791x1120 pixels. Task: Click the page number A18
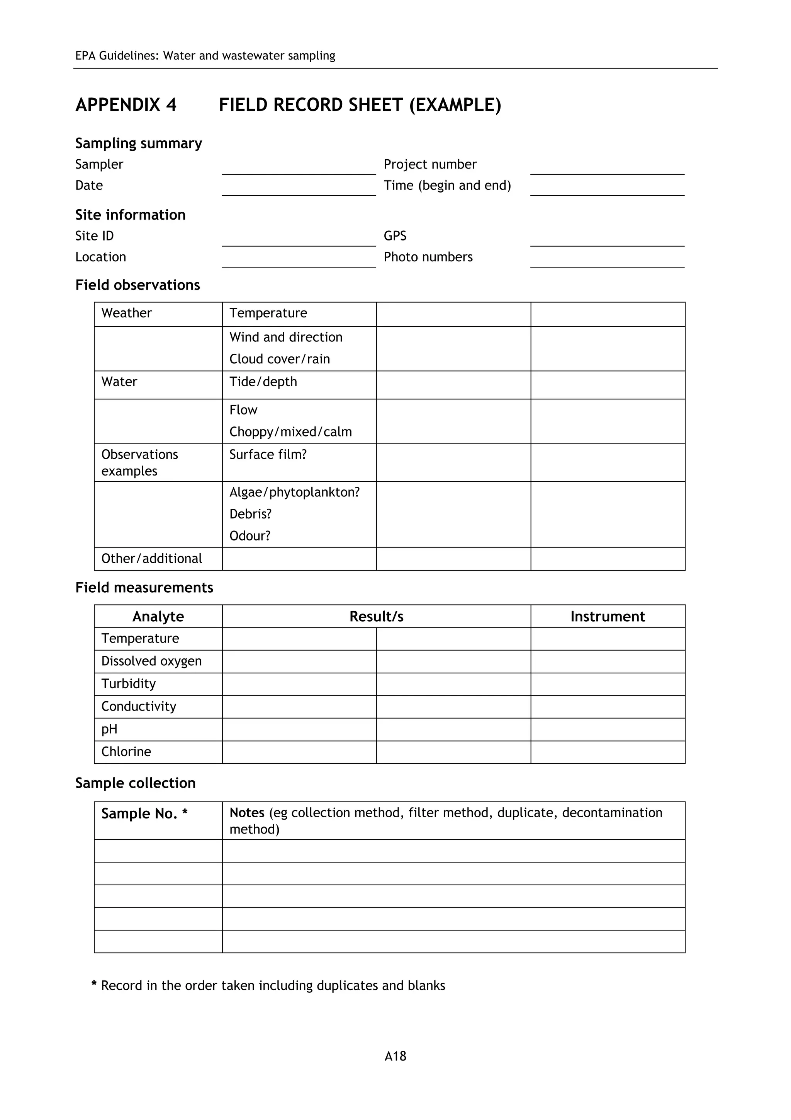(x=395, y=1056)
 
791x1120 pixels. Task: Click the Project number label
(x=430, y=164)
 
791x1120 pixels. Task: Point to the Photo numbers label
(x=428, y=257)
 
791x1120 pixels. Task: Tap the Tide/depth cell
(x=263, y=382)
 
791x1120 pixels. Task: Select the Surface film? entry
(x=268, y=454)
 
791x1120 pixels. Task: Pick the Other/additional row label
(x=151, y=559)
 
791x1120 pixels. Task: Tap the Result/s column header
(x=376, y=617)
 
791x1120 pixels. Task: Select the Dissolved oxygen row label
(x=151, y=661)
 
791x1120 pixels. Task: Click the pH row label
(x=109, y=729)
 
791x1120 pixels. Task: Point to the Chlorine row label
(x=126, y=752)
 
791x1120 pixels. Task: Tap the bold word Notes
(x=247, y=813)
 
